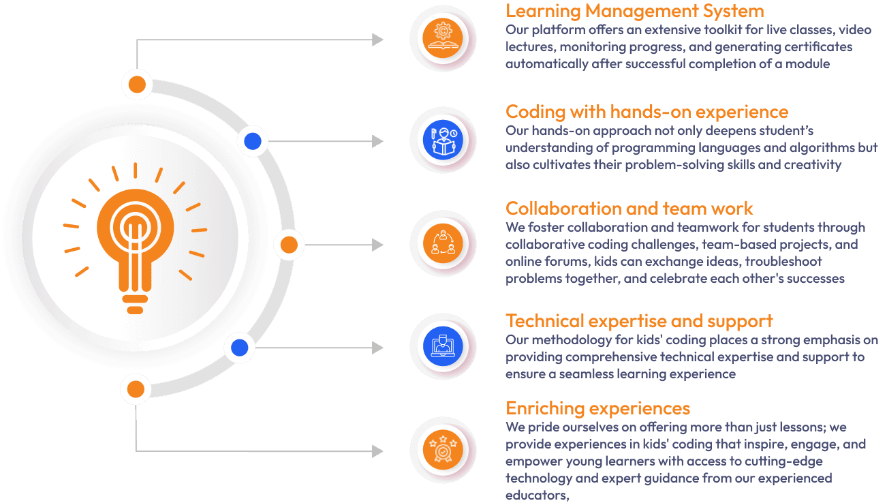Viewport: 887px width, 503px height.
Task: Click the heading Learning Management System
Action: coord(634,12)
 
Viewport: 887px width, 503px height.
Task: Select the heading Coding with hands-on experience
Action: coord(647,112)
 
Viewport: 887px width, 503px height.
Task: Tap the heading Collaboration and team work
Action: coord(629,209)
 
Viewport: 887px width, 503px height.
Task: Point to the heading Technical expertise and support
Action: coord(639,321)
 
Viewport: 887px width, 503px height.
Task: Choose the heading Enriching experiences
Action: coord(597,408)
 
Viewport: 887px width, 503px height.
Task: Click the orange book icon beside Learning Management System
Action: coord(442,38)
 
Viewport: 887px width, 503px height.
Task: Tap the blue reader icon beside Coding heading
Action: coord(442,141)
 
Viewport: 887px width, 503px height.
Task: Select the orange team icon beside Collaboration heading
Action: coord(442,244)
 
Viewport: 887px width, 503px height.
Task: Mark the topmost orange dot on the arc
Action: coord(137,85)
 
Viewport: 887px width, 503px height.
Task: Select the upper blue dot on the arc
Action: coord(253,141)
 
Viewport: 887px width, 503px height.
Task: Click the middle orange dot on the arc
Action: coord(289,244)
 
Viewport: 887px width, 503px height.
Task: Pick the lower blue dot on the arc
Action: coord(239,348)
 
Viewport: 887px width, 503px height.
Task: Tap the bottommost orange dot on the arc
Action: coord(136,390)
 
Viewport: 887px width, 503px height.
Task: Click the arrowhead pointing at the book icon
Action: coord(377,40)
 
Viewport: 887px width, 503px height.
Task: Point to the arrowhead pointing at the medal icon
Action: coord(377,451)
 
